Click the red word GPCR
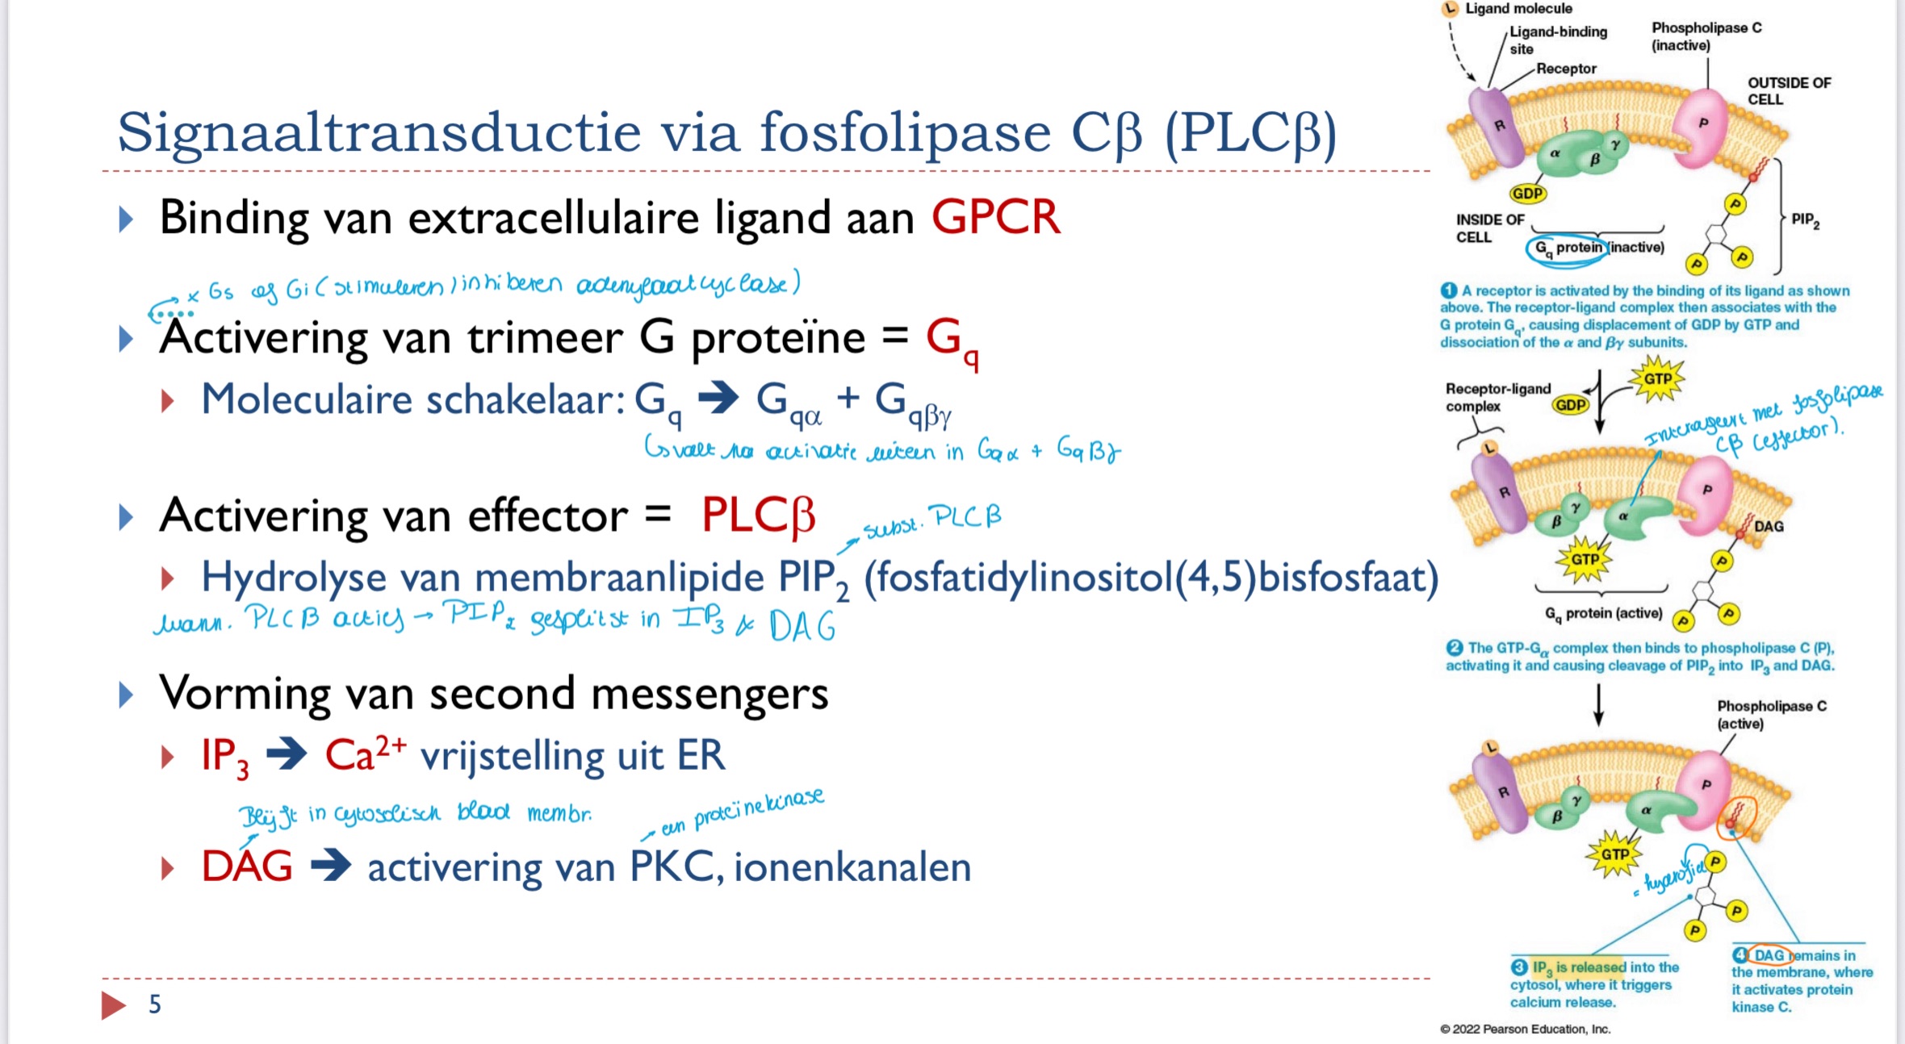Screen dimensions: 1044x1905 pos(995,218)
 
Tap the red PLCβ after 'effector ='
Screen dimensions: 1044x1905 pos(758,516)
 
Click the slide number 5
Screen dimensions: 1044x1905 pos(155,1004)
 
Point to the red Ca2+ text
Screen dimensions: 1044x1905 pos(365,754)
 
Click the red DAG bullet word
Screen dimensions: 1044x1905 pos(247,867)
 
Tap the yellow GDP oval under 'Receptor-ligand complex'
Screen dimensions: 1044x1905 pos(1570,404)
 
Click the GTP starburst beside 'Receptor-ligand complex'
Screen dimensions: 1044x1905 pos(1657,379)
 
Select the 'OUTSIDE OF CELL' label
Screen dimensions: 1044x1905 pos(1788,91)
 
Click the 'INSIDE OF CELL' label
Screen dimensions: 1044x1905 pos(1489,228)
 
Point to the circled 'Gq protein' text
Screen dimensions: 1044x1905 pos(1567,248)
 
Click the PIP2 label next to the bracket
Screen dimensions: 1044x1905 pos(1805,219)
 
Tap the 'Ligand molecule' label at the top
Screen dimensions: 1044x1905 pos(1518,9)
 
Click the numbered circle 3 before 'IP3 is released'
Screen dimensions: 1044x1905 pos(1519,967)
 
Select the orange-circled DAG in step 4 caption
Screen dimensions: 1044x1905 pos(1769,955)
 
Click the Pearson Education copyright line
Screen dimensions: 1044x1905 pos(1525,1029)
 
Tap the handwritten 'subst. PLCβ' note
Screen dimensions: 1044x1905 pos(932,520)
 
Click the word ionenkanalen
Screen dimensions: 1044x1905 pos(852,868)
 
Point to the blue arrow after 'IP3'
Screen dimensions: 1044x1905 pos(287,755)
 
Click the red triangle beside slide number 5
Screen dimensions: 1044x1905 pos(113,1005)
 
